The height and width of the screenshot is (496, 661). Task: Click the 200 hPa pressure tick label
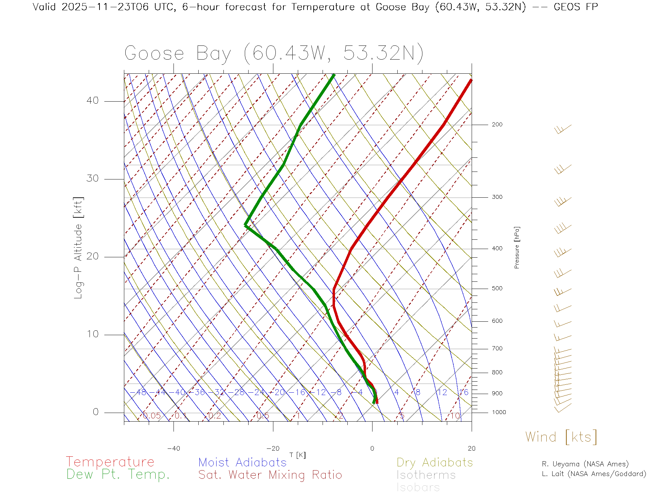(497, 124)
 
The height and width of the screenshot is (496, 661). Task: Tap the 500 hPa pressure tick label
(497, 288)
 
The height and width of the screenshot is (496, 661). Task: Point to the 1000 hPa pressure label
(499, 412)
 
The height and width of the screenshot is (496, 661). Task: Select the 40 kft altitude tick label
(92, 101)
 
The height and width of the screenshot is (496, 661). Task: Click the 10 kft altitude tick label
(92, 334)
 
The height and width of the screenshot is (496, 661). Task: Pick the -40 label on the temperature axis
(174, 448)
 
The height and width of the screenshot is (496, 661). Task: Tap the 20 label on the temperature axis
(471, 448)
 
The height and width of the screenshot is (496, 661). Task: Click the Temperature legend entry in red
(110, 462)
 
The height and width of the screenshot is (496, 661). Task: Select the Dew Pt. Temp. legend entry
(118, 475)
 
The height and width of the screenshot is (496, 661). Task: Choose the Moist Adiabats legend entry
(242, 462)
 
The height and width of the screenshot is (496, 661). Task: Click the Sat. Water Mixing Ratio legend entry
(270, 475)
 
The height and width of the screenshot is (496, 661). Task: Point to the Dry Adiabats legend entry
(434, 462)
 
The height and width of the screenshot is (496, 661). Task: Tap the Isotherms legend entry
(426, 475)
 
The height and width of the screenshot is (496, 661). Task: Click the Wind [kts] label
(561, 437)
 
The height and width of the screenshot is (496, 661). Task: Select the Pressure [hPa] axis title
(517, 247)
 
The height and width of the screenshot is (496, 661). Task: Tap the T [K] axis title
(297, 455)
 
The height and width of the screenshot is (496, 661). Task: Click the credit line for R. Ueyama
(585, 464)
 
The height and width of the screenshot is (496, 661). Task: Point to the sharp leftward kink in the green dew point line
(245, 225)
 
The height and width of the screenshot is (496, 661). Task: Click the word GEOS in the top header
(568, 7)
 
